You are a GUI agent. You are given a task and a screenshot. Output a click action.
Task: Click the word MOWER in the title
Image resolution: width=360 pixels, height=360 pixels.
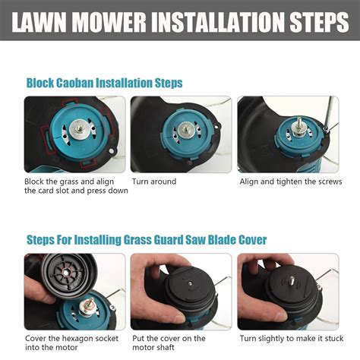point(109,21)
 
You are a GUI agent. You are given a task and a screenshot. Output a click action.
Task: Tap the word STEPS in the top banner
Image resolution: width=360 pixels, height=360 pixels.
point(320,21)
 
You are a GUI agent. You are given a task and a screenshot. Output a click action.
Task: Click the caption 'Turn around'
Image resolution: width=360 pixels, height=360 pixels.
point(154,182)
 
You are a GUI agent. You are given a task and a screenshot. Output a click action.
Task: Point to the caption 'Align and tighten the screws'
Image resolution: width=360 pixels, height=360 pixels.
point(291,182)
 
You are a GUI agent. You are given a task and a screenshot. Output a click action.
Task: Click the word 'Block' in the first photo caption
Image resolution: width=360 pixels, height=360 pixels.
point(34,182)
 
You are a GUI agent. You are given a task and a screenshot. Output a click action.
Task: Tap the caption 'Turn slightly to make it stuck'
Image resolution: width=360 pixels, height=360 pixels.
point(292,339)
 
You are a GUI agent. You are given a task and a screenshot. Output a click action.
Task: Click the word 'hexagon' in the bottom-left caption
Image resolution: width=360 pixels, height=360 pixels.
point(77,339)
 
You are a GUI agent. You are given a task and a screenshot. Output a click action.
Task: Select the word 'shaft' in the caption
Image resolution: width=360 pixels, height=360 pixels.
point(165,347)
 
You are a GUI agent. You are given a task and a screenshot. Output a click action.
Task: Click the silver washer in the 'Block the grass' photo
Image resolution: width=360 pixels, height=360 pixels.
point(80,128)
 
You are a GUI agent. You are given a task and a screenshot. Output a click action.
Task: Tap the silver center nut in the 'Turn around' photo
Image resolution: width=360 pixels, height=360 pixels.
point(186,131)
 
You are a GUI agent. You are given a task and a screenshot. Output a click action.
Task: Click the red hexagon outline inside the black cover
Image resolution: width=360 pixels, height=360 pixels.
point(67,273)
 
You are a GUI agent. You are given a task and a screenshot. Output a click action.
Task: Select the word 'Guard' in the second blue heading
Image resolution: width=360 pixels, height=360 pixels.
point(169,240)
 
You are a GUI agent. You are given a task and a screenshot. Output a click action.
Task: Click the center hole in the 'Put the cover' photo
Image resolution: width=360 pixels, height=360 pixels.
point(190,283)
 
